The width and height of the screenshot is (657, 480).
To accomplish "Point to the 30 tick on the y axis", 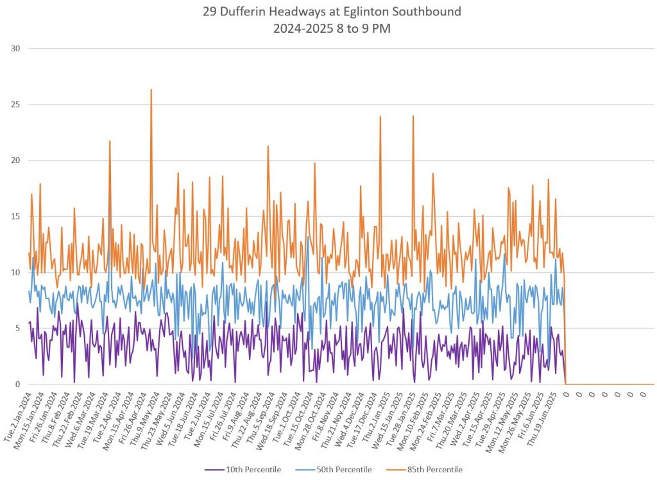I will (15, 49).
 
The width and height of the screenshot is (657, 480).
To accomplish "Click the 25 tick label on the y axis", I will (15, 105).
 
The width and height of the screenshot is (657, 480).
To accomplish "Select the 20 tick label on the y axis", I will (15, 160).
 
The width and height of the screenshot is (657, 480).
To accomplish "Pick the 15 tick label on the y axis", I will (15, 216).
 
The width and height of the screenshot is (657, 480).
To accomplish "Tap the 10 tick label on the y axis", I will (15, 273).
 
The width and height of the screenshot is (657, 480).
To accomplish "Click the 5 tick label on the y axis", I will (17, 329).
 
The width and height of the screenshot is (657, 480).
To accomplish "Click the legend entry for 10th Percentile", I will (243, 470).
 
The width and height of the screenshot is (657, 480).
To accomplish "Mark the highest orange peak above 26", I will (151, 90).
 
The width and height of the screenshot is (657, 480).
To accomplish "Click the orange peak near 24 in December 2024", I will (380, 117).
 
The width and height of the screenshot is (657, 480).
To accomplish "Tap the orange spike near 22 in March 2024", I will (110, 141).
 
